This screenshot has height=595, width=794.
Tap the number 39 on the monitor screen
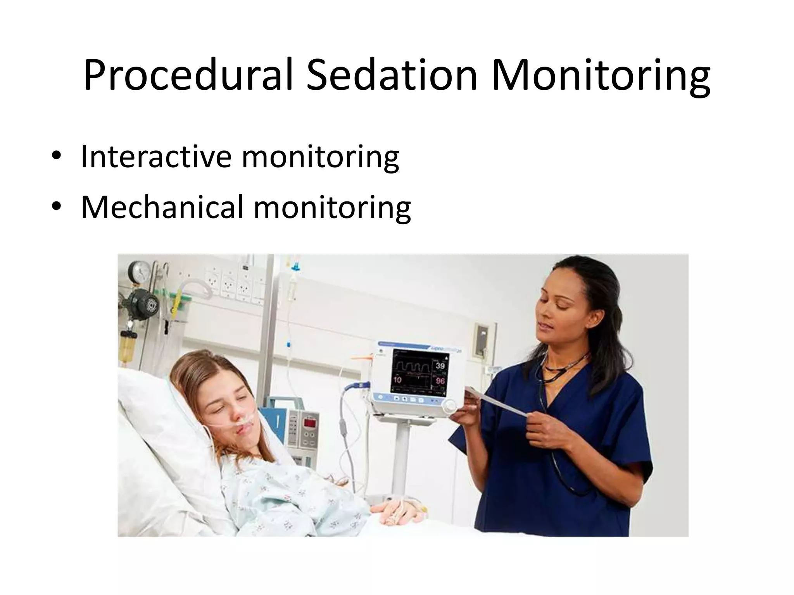440,366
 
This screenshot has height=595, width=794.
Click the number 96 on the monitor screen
440,380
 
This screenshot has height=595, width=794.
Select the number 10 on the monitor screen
397,380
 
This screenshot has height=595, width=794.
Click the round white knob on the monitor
450,406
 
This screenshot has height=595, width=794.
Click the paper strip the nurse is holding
500,403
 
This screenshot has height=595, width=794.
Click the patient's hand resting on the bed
399,511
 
